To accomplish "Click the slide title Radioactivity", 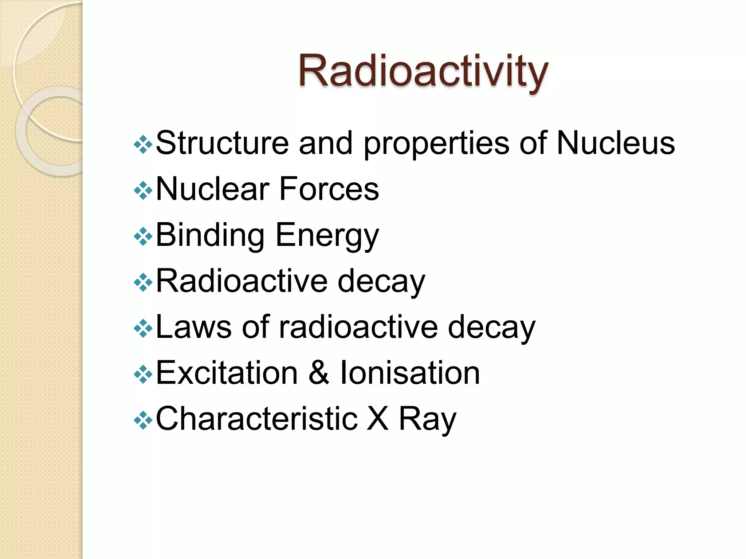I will pos(423,71).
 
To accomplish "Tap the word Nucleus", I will pos(616,143).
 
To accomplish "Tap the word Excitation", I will pos(227,373).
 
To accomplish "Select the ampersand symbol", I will pos(319,373).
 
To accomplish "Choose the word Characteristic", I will pos(256,419).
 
